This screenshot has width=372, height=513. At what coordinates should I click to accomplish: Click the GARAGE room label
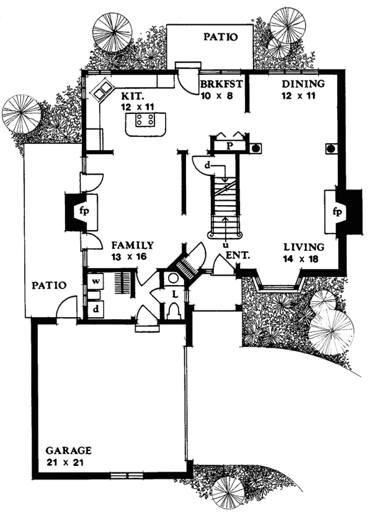(69, 450)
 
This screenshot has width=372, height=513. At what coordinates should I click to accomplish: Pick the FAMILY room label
(133, 245)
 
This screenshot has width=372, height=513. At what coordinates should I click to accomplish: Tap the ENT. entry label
(236, 255)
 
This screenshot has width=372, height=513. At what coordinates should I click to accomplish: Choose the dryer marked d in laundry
(97, 308)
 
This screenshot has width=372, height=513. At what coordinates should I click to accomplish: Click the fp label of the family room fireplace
(82, 211)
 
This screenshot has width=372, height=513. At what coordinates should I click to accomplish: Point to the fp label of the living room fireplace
(338, 211)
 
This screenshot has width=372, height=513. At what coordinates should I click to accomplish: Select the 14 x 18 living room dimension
(299, 259)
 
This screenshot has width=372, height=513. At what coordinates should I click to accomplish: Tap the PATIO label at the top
(220, 37)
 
